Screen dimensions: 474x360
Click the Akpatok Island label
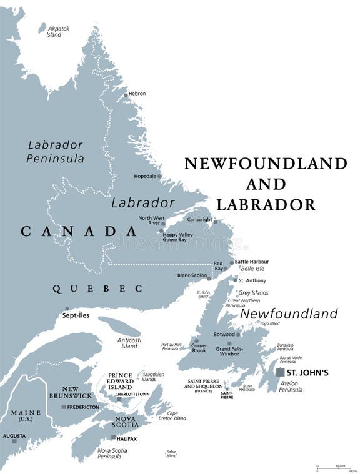coord(54,31)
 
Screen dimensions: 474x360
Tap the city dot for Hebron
coord(126,95)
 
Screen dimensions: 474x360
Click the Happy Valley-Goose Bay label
coord(179,237)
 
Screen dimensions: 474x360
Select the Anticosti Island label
coord(128,343)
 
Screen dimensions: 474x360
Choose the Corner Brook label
coord(199,348)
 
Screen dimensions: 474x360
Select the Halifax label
coord(126,438)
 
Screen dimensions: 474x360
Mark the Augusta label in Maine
coord(14,435)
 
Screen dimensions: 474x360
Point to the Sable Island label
coord(171,453)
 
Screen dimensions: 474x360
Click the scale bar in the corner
coord(331,467)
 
